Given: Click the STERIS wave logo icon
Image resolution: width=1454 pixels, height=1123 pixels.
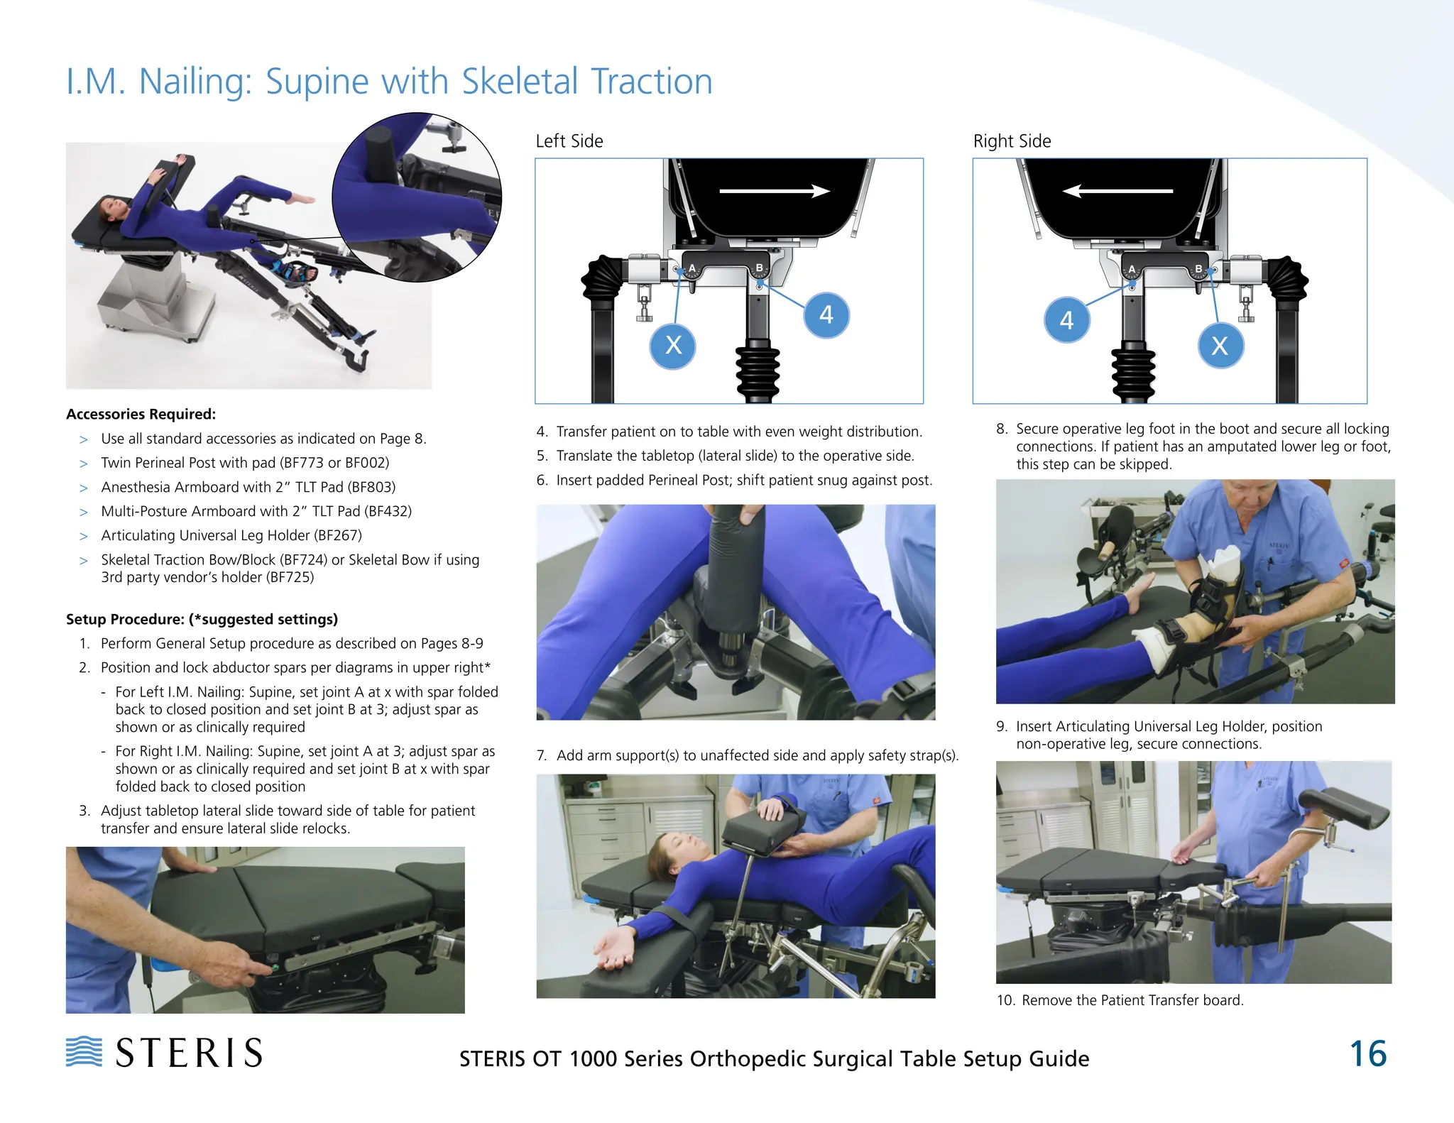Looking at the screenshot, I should pos(84,1051).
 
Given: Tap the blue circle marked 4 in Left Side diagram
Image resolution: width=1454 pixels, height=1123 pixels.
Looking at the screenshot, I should pos(826,314).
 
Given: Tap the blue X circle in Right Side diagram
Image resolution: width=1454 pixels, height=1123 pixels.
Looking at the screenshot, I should pos(1220,346).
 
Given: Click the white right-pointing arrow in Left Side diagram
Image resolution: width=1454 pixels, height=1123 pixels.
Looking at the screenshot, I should pos(775,191).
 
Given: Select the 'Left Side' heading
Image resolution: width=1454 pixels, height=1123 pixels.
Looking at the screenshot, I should pos(569,141).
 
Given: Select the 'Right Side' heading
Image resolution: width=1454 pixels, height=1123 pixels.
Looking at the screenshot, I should pos(1012,141).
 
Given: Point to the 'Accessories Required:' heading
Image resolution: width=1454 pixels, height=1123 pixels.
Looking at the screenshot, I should pos(141,414).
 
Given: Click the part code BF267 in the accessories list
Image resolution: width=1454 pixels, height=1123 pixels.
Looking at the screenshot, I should pos(337,535).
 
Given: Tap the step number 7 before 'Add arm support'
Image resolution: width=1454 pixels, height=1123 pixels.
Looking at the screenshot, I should pos(542,755).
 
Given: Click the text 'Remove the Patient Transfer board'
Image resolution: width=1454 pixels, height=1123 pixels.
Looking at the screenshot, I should pos(1132,1000).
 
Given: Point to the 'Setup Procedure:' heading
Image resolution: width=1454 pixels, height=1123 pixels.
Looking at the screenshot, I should pos(125,619).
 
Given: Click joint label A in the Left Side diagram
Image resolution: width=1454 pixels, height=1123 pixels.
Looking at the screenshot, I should pos(692,268).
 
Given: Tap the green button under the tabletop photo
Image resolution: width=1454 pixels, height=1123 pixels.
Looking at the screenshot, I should pos(275,968).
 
